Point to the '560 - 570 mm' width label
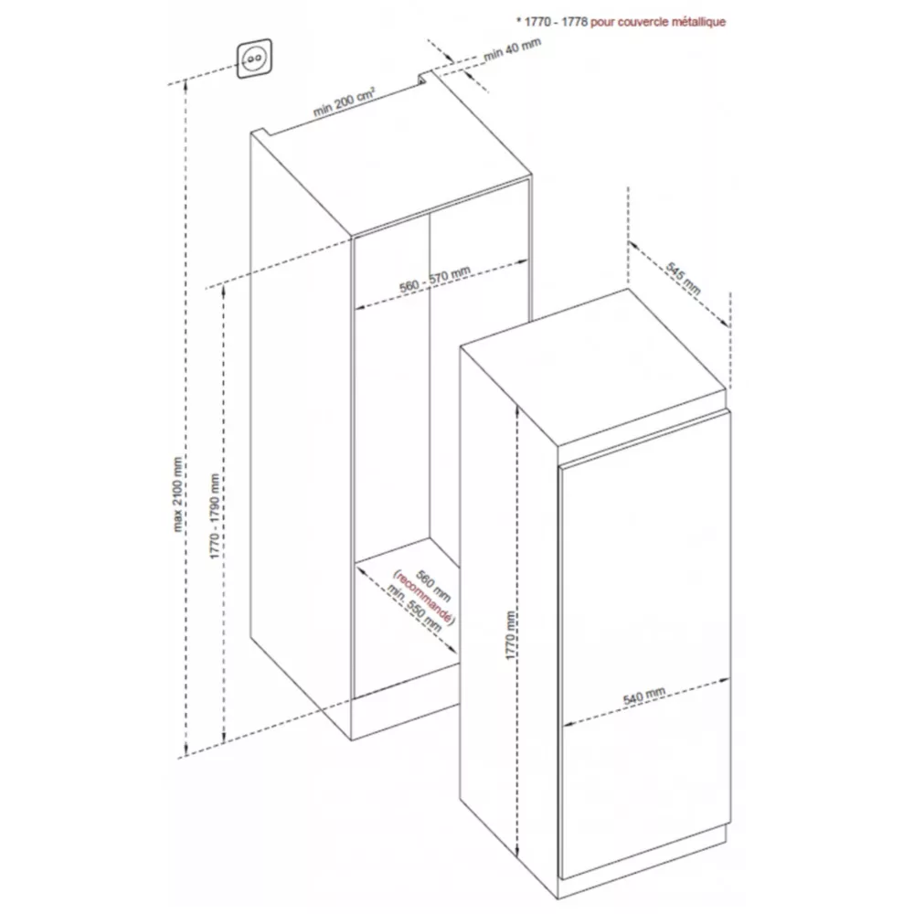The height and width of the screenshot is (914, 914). (435, 285)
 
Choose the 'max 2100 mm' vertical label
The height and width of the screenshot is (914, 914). (174, 494)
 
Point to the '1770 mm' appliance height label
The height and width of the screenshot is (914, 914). (512, 637)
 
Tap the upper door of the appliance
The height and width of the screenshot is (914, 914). (644, 567)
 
